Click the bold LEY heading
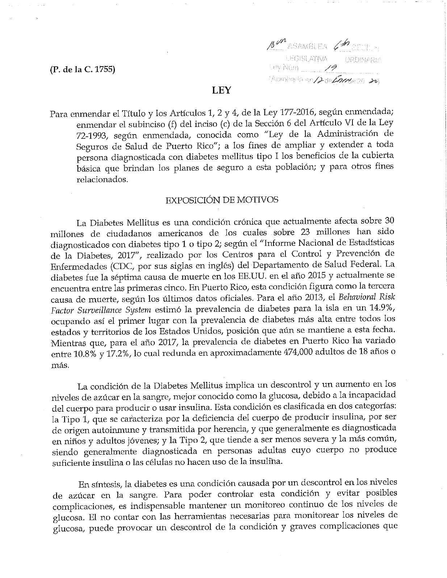click(x=221, y=90)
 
